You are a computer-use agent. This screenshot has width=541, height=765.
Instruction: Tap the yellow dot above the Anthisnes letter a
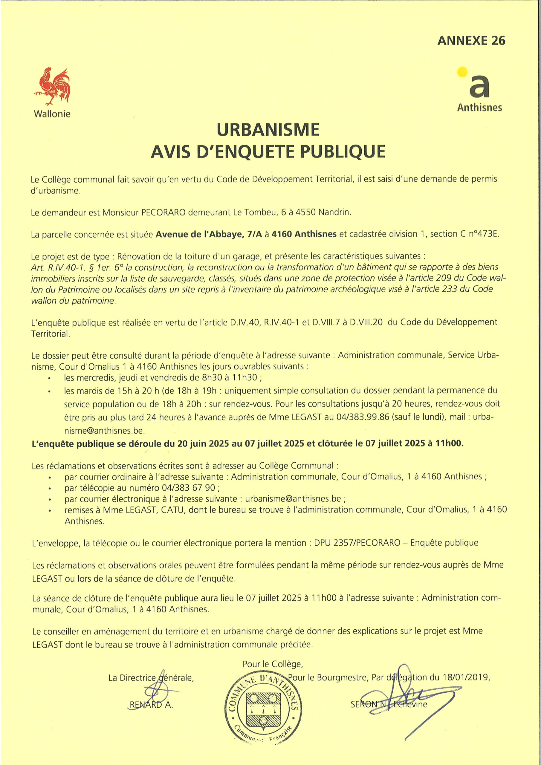pyautogui.click(x=462, y=72)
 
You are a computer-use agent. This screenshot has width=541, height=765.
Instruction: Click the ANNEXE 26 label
pyautogui.click(x=471, y=41)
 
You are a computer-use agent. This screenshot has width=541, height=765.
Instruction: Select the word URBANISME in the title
pyautogui.click(x=268, y=130)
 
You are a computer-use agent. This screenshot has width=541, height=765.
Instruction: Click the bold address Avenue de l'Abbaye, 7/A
pyautogui.click(x=209, y=234)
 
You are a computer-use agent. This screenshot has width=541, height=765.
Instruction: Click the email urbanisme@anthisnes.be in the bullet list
pyautogui.click(x=293, y=499)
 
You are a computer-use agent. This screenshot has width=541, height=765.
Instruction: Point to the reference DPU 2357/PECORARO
pyautogui.click(x=357, y=543)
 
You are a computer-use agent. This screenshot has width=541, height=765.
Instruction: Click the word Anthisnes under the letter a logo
pyautogui.click(x=479, y=108)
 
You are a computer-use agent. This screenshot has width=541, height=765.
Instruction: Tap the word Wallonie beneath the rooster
pyautogui.click(x=52, y=114)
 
